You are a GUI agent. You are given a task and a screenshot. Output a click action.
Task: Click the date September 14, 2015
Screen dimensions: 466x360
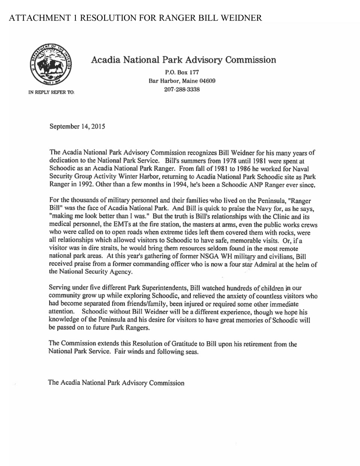77,127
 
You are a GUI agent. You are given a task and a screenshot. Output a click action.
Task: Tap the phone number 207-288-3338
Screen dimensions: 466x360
182,90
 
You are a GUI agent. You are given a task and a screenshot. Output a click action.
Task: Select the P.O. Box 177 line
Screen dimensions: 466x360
182,72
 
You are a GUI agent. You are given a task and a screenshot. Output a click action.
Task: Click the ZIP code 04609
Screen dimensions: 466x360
207,81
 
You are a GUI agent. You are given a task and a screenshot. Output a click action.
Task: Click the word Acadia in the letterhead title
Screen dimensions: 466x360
106,60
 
